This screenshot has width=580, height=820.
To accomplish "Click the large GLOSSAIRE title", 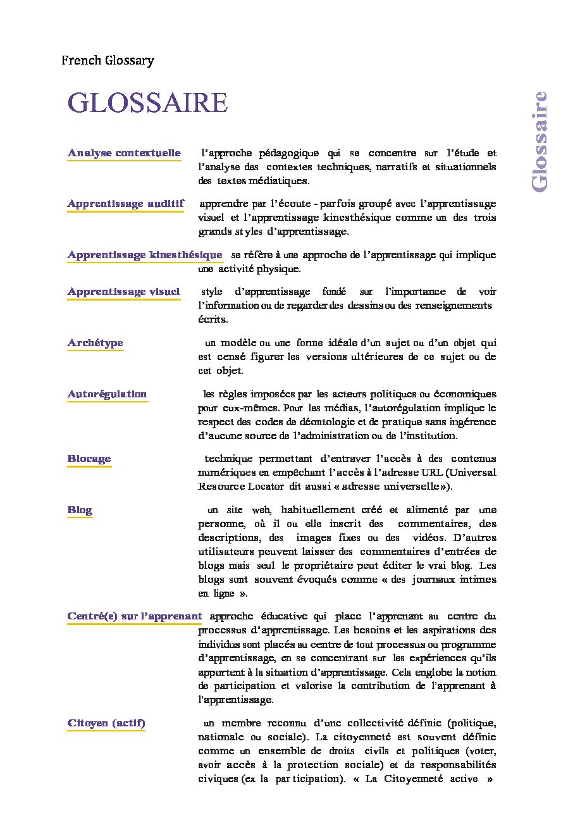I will coord(147,103).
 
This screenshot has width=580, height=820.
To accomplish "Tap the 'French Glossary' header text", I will coord(108,61).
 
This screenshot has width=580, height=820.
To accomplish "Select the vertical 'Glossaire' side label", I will coord(539,141).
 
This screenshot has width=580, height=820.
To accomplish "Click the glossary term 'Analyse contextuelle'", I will coord(124,153).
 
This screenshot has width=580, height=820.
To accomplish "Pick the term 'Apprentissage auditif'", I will coord(126,204).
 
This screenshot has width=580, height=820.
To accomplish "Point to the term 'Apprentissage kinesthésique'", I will coord(145,255).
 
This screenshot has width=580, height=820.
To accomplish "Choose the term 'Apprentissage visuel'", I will coord(124,292).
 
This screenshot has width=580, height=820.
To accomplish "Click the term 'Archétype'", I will coord(96,343).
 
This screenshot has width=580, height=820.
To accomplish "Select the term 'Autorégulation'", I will coord(107,394).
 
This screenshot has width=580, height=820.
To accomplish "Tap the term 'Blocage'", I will coord(89,459).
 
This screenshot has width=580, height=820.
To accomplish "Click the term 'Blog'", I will coord(80,510).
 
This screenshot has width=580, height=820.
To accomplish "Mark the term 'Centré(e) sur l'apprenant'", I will coord(135,616).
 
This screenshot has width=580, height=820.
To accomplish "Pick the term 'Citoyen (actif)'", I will coord(106,723).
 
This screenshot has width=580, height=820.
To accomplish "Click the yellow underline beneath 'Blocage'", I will coord(89,466).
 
